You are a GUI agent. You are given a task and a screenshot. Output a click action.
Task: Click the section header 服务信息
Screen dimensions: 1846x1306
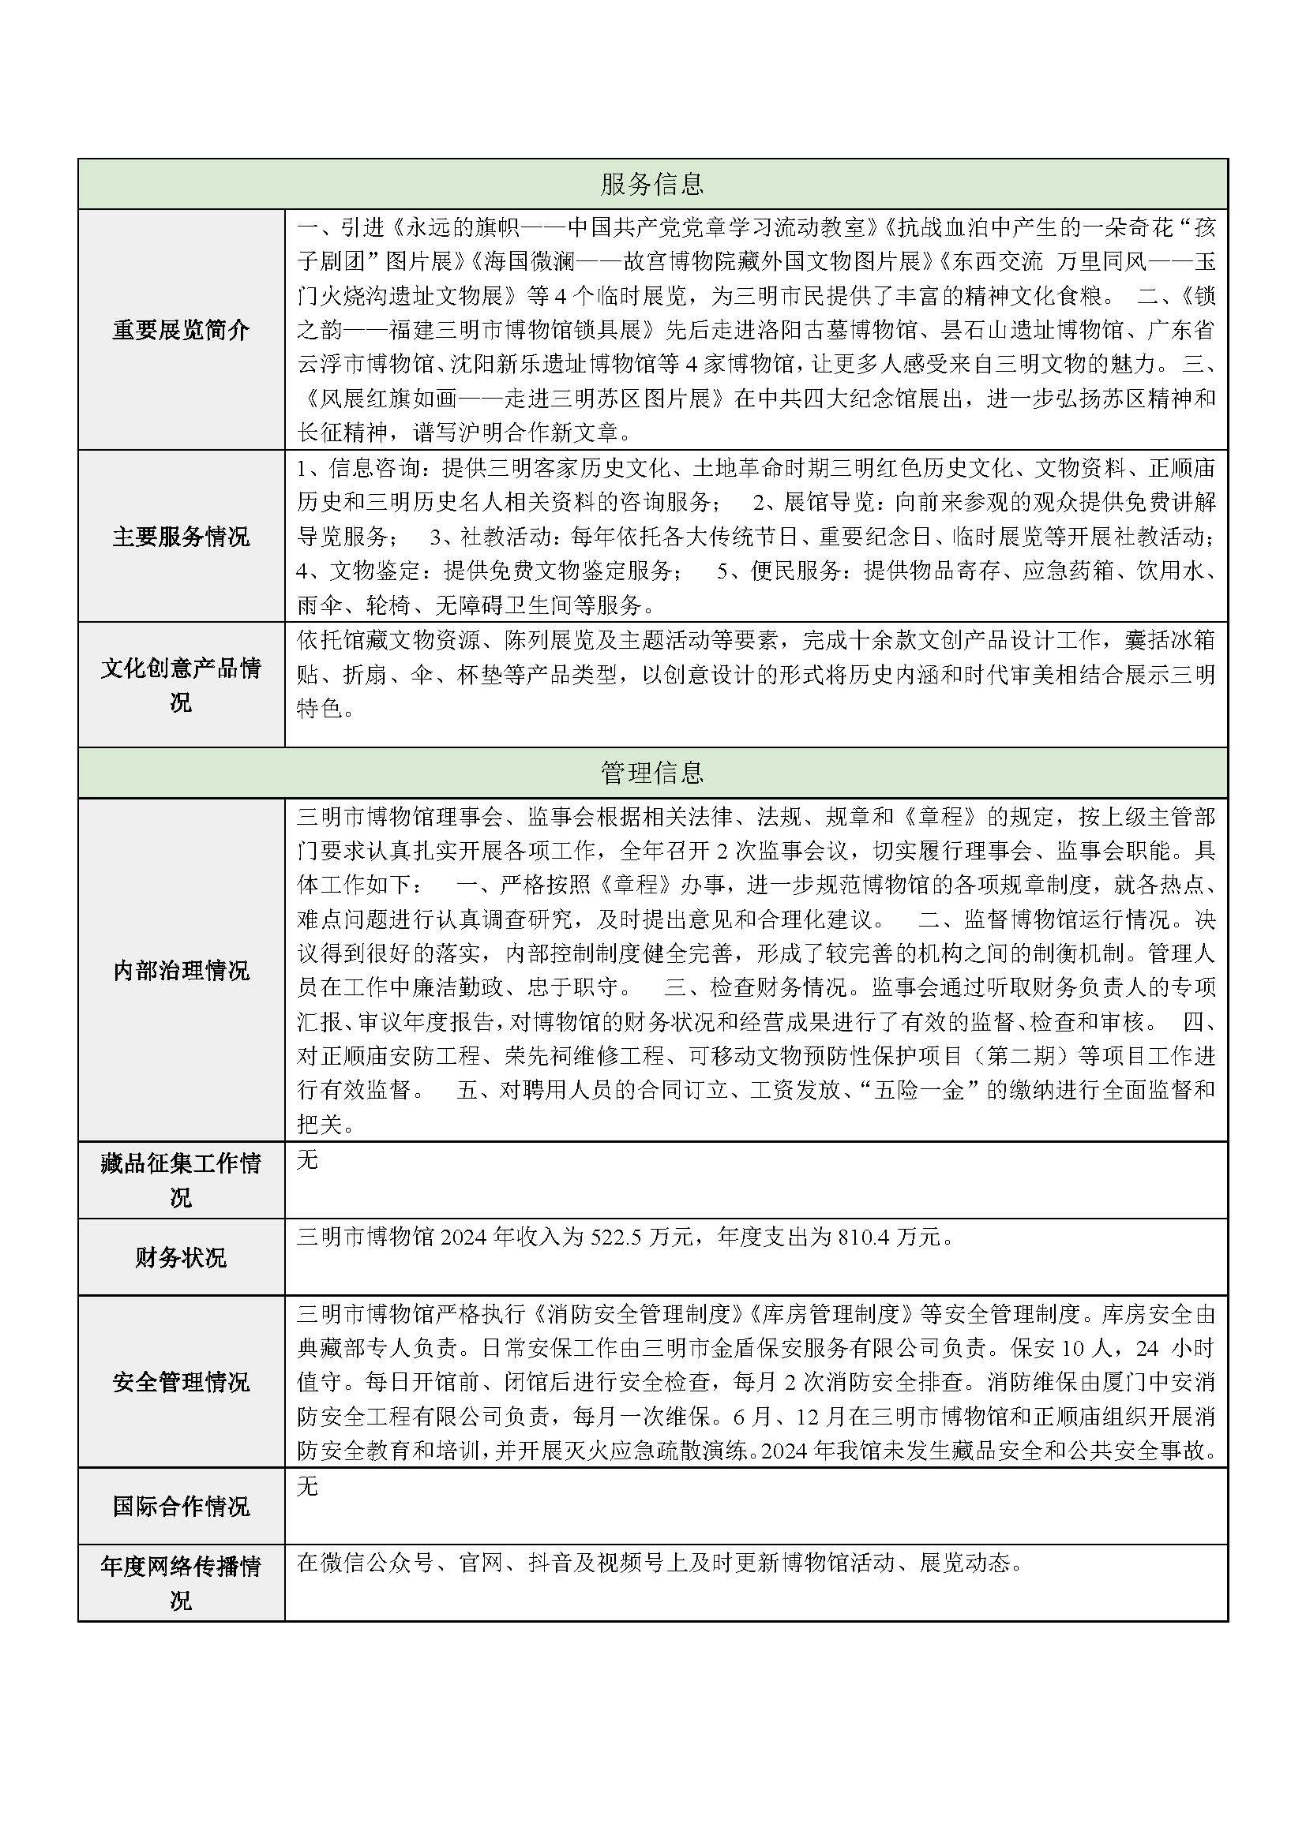(x=652, y=184)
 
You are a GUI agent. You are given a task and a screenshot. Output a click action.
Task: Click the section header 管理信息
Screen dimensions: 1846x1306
(x=652, y=773)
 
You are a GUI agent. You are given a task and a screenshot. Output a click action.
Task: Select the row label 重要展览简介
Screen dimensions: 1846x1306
(x=181, y=330)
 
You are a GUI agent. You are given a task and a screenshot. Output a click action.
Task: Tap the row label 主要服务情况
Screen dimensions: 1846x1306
(x=181, y=536)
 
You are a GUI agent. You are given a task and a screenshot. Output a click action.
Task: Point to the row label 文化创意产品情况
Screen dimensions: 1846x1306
(x=181, y=685)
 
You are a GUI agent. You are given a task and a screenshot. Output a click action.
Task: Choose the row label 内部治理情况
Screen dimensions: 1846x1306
(x=181, y=971)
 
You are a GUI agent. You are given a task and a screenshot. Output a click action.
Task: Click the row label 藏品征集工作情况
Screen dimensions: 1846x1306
(x=181, y=1180)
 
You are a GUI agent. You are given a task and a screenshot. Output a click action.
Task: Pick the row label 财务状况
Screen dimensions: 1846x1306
(x=181, y=1257)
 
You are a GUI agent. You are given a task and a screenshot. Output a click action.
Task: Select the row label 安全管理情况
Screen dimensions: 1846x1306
(x=181, y=1382)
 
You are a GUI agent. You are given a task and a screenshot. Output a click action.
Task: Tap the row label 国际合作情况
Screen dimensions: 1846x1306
(x=181, y=1506)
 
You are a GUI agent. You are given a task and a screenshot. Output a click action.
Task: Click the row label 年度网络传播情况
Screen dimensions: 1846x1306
(x=181, y=1583)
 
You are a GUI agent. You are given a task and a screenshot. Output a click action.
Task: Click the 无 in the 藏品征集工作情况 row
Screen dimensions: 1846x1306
(x=307, y=1160)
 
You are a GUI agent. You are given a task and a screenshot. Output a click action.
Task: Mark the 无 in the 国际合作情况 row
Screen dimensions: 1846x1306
(x=307, y=1487)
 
